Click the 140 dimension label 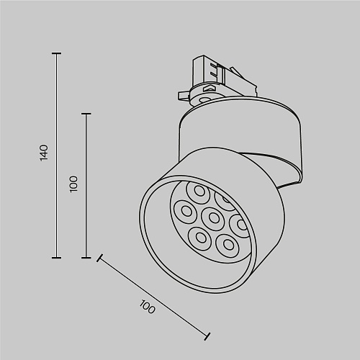tap(44, 153)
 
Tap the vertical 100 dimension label tap(73, 184)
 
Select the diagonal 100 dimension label tap(147, 307)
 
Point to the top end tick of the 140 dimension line tap(57, 53)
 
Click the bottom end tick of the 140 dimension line tap(57, 258)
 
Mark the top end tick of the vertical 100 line tap(86, 114)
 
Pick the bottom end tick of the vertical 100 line tap(86, 258)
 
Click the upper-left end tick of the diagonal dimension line tap(100, 258)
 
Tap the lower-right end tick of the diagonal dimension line tap(207, 336)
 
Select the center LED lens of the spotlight tap(213, 217)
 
